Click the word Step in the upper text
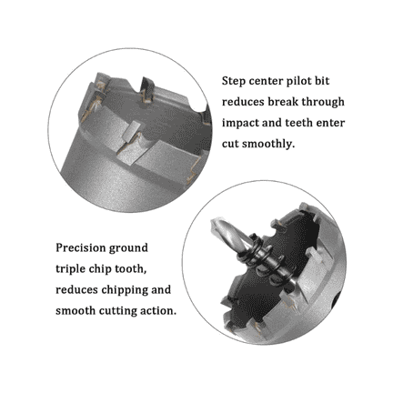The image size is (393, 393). (234, 82)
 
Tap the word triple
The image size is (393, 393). (71, 269)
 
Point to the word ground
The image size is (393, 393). (128, 248)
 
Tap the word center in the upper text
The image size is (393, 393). (266, 82)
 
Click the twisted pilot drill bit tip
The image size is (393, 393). (213, 221)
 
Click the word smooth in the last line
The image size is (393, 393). (76, 311)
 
